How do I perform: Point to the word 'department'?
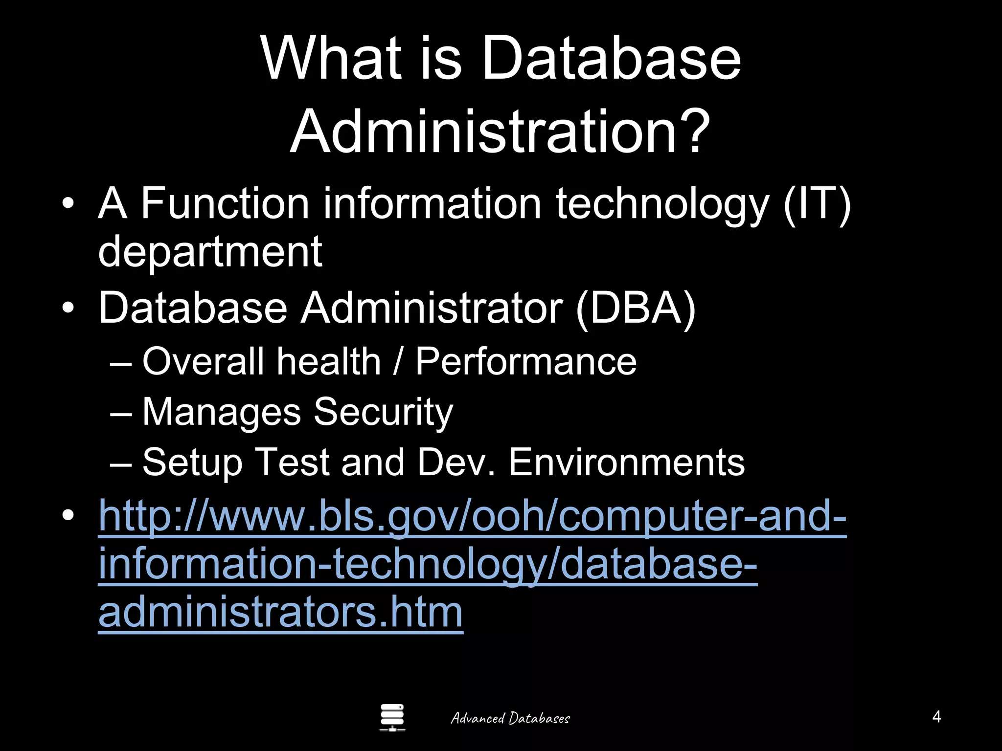coord(210,252)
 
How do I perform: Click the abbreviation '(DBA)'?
coord(636,308)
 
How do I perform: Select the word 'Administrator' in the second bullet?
coord(431,308)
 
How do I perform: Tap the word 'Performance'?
coord(526,362)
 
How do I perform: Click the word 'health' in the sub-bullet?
coord(328,362)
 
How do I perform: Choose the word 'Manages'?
coord(221,412)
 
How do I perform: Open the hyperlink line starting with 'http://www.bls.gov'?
coord(472,517)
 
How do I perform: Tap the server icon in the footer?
coord(392,717)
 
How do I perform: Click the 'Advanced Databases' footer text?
coord(510,718)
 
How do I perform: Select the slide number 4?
coord(936,717)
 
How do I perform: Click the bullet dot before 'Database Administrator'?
coord(68,308)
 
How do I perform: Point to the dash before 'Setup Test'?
coord(121,463)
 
